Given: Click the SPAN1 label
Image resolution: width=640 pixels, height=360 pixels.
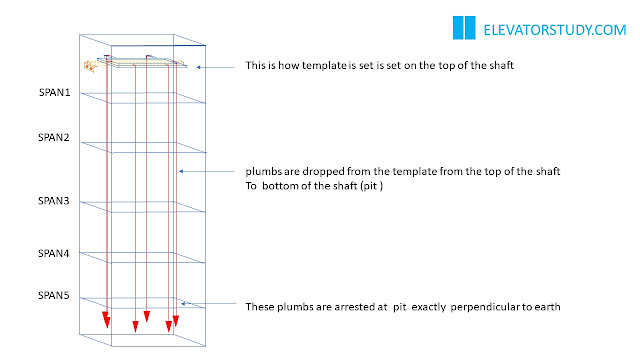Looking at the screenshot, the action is click(54, 92).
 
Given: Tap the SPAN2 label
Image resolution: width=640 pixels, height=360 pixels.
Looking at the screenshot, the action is click(53, 137).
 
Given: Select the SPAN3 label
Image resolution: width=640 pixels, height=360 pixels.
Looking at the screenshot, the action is click(53, 201).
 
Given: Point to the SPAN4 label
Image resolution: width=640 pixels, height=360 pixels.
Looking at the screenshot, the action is click(53, 253).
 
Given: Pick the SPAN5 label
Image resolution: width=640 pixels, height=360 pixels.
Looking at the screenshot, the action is click(53, 295).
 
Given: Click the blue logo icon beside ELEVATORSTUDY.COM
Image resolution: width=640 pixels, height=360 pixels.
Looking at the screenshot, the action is click(464, 27).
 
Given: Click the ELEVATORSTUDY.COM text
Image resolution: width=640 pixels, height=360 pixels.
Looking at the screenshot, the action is click(555, 30).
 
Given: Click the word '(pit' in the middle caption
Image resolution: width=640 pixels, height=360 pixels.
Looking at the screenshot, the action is click(368, 186).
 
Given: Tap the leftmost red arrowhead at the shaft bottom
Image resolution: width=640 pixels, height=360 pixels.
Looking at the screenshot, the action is click(106, 320).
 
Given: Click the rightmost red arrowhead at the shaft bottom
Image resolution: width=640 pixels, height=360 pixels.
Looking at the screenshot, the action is click(176, 321).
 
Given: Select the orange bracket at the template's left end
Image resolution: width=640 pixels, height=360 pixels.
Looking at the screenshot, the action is click(90, 66).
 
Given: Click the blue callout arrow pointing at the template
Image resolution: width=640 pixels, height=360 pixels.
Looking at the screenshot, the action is click(215, 67).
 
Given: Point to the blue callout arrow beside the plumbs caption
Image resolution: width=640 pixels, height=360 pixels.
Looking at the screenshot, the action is click(207, 171).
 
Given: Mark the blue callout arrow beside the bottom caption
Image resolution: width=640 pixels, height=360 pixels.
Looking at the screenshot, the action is click(209, 303).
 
